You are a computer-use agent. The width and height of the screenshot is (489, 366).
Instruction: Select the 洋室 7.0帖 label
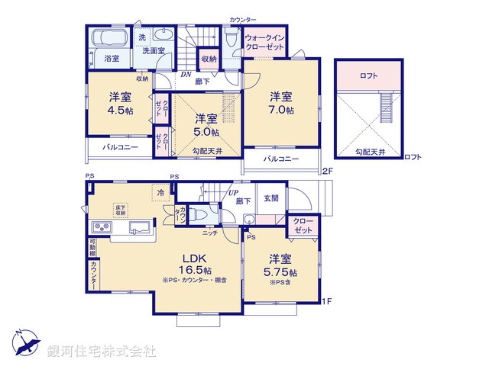click(x=280, y=103)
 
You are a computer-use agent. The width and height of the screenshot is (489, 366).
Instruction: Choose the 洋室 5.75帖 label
click(x=279, y=266)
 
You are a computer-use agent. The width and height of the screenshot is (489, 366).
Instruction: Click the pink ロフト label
click(x=369, y=75)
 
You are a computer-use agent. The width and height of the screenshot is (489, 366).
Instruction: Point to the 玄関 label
click(x=271, y=199)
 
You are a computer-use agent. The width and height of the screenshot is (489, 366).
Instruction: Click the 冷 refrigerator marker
click(x=160, y=193)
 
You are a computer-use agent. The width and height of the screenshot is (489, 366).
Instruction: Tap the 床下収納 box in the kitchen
click(x=121, y=210)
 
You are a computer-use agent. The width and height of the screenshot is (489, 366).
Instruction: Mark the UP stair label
click(x=230, y=193)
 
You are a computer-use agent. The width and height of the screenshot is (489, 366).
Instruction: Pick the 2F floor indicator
click(x=327, y=170)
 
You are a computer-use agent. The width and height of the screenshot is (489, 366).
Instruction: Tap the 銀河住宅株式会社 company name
click(x=101, y=352)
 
